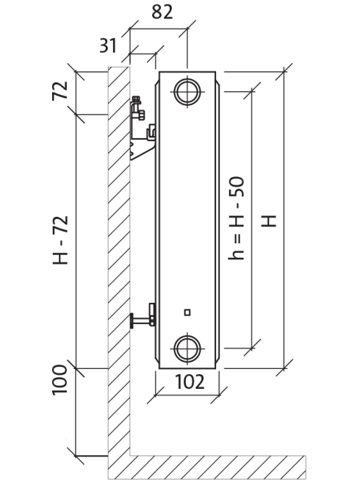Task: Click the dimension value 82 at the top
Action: coord(162,12)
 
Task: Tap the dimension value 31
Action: coord(108,46)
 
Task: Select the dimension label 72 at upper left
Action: coord(60,90)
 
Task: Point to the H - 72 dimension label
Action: coord(60,240)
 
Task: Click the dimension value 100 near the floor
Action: coord(60,380)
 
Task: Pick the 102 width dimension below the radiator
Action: coord(190,382)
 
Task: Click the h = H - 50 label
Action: coord(237,218)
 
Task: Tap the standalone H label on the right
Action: coord(269,221)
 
